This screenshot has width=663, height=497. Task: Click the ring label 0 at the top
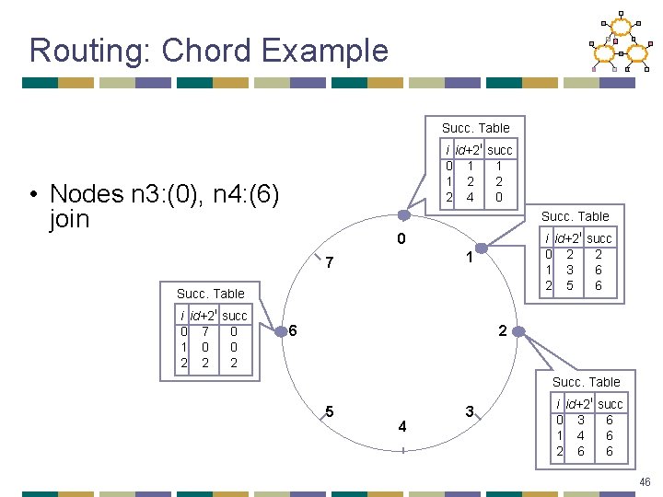(x=402, y=241)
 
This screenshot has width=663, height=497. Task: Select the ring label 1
(x=469, y=259)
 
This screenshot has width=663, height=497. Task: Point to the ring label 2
(x=502, y=329)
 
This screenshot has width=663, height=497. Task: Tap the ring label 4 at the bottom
(x=402, y=426)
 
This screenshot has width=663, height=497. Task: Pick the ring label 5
(x=329, y=410)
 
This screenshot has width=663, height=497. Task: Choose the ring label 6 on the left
(x=293, y=329)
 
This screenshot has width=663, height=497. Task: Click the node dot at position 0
(x=403, y=214)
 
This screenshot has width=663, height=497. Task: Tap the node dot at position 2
(x=518, y=329)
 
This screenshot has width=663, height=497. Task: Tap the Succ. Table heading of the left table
(x=211, y=294)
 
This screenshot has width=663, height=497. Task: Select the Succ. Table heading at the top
(x=475, y=128)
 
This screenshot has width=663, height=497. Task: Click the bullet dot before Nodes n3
(x=32, y=195)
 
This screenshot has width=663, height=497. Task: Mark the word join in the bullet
(x=70, y=219)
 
